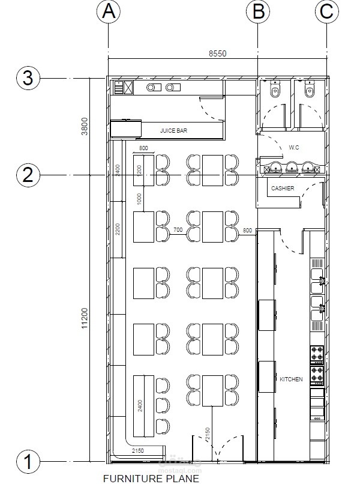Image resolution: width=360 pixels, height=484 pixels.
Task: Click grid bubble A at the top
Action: [x=108, y=11]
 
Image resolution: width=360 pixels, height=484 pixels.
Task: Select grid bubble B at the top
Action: [x=258, y=11]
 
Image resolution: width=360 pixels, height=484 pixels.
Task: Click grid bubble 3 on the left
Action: [x=28, y=78]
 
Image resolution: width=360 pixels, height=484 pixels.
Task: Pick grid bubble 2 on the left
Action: [x=28, y=175]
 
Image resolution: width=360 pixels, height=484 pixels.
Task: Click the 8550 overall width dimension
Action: [x=217, y=53]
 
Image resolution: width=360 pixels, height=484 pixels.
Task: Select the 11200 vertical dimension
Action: [x=85, y=318]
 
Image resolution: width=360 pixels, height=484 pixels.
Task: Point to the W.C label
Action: [x=294, y=147]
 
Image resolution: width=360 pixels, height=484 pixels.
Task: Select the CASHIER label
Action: [x=283, y=189]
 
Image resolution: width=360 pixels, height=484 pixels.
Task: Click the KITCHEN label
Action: [x=291, y=380]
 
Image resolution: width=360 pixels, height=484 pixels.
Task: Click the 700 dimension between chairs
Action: [x=178, y=230]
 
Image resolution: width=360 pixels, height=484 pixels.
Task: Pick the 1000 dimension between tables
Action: [x=139, y=199]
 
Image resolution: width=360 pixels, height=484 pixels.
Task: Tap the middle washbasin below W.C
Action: [x=292, y=168]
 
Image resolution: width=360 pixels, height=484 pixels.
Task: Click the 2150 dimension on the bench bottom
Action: [x=139, y=450]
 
